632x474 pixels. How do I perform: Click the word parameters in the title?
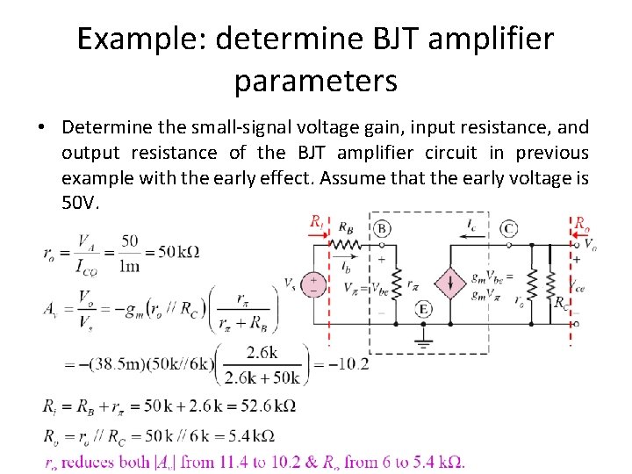coord(315,81)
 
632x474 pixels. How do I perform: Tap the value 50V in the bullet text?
coord(81,204)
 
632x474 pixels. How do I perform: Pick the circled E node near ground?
coord(423,309)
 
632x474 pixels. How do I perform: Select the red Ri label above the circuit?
coord(317,222)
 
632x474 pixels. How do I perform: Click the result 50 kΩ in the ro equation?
coord(180,252)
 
